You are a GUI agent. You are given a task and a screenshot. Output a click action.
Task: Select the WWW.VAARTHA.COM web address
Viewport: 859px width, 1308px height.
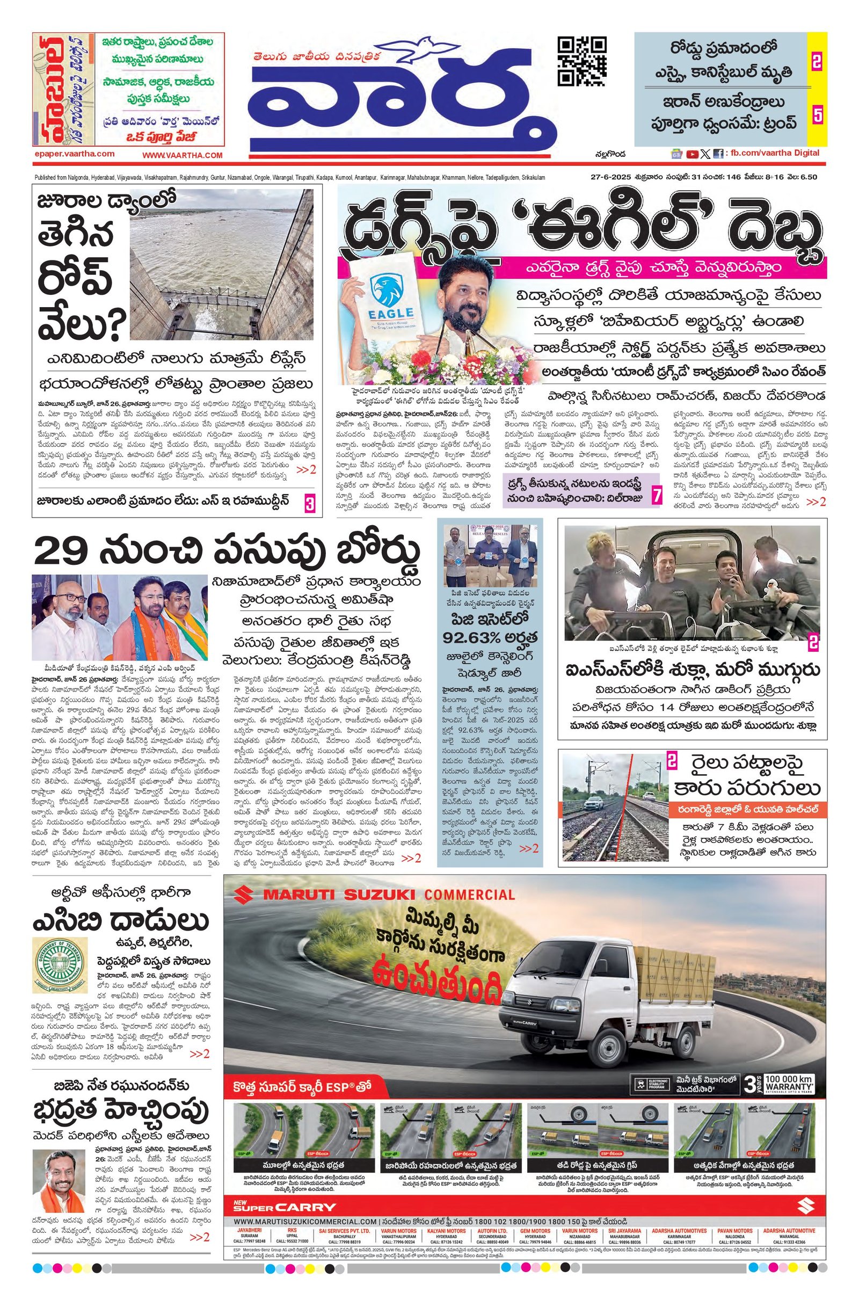(x=183, y=156)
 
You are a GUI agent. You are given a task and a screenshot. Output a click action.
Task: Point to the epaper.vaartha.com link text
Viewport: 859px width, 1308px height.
(x=74, y=154)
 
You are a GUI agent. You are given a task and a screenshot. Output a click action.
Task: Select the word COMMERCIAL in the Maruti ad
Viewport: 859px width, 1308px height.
(x=468, y=893)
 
